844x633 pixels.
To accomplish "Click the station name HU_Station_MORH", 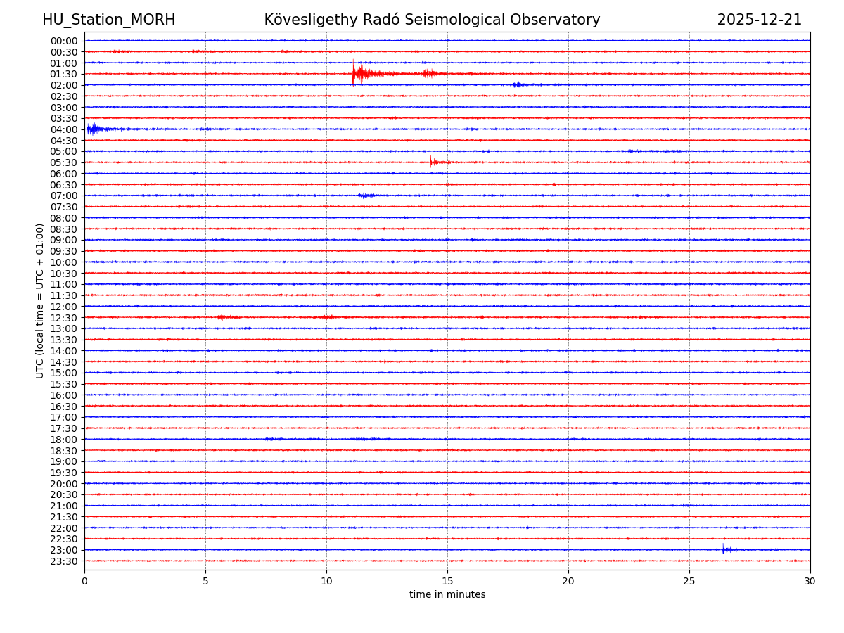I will point(108,20).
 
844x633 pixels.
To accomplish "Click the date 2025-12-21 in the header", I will point(759,20).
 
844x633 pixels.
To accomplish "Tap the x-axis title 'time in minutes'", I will point(447,595).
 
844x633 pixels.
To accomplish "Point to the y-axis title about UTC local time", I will point(40,300).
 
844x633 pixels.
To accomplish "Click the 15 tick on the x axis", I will point(447,581).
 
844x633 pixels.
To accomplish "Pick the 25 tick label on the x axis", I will point(689,581).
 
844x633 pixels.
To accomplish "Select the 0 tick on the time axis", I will point(84,581).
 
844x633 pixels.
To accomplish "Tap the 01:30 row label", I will point(63,74).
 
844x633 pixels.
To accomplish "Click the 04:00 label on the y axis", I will point(63,129).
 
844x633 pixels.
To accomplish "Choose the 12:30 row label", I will point(63,318).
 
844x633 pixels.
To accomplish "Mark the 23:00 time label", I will point(63,550).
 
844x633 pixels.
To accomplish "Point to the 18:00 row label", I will point(63,440).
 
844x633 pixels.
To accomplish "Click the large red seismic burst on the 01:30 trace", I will point(360,73).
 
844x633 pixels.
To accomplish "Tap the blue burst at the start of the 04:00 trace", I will point(93,129).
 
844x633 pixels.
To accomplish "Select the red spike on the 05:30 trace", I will point(432,162).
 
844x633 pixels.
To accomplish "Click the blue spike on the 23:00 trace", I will point(724,549).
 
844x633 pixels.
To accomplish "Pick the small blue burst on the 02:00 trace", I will point(518,84).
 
